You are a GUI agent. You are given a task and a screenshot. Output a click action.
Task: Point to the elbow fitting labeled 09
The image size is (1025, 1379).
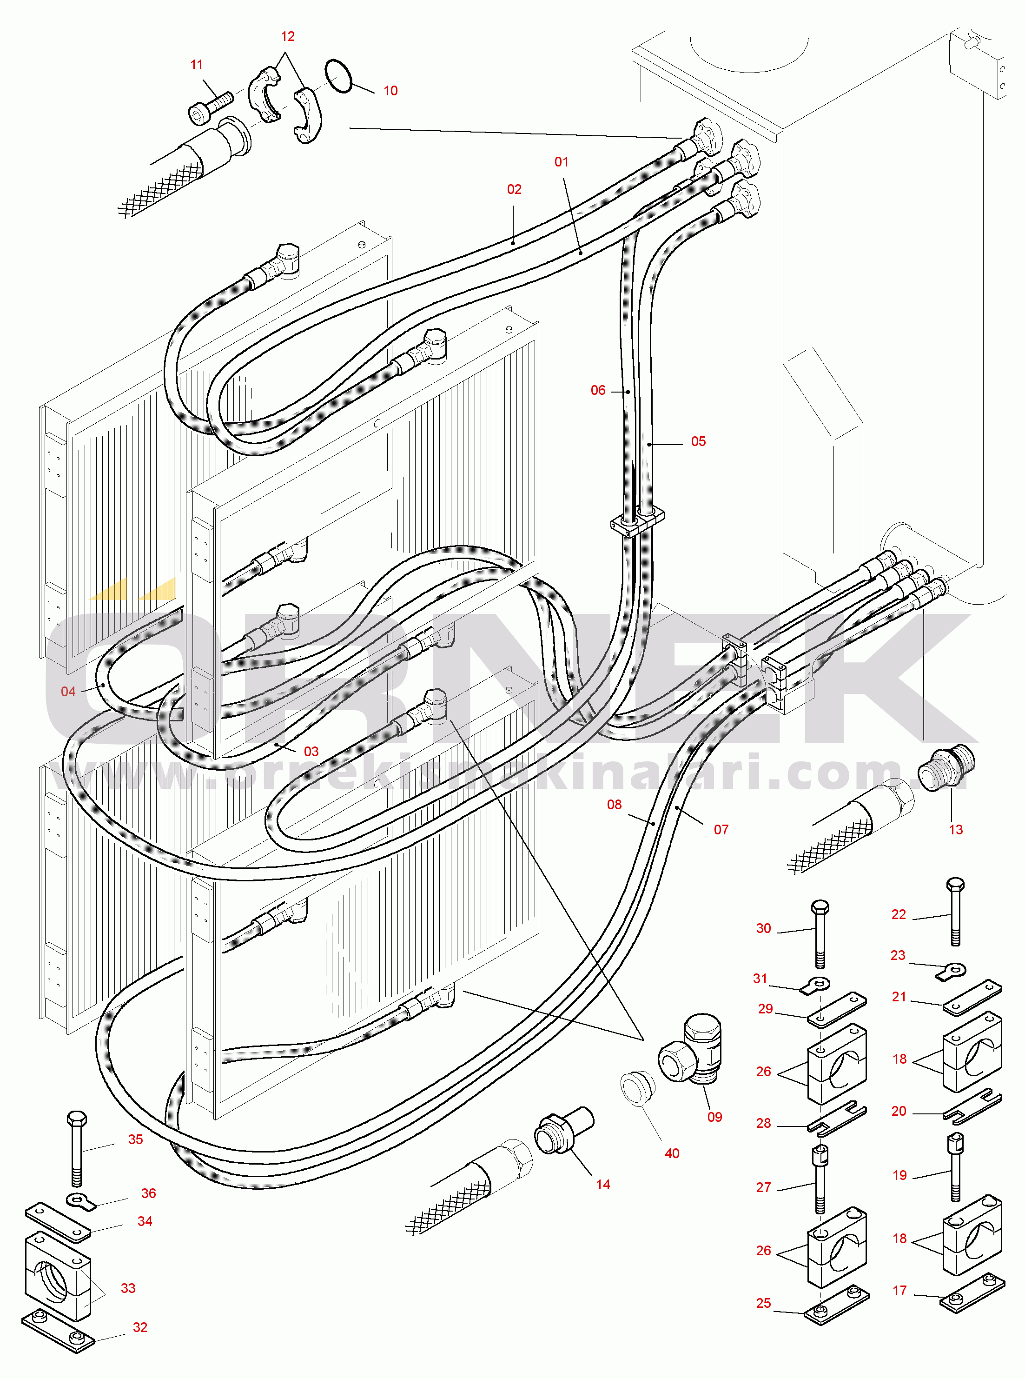(692, 1052)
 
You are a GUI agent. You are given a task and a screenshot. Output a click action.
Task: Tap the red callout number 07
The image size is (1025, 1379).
(721, 830)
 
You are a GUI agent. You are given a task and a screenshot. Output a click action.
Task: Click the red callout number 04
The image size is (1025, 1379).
(68, 692)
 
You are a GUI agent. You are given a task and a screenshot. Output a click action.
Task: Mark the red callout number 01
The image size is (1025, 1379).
(561, 162)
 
